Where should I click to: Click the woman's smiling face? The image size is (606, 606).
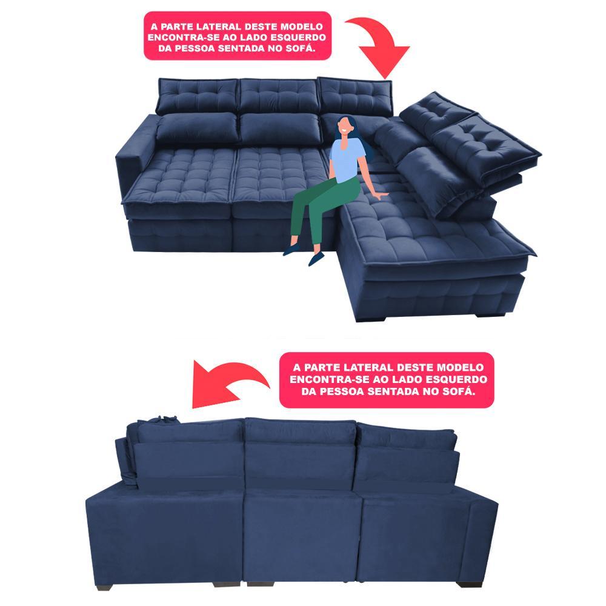point(343,127)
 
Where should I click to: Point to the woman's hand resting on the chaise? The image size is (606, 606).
point(382,195)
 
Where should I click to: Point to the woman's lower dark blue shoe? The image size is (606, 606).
point(316,259)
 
